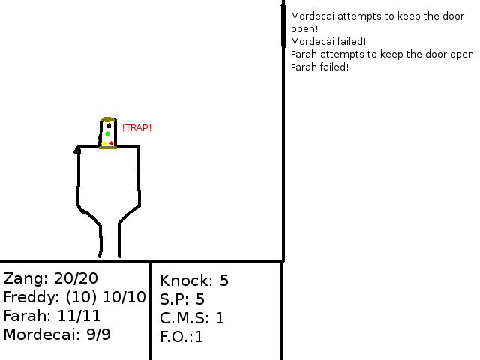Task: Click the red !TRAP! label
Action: tap(136, 128)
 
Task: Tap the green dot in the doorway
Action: tap(107, 134)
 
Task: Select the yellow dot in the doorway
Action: tap(104, 143)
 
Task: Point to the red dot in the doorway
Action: tap(111, 143)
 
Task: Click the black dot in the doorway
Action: tap(109, 126)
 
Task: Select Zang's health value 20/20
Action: tap(76, 278)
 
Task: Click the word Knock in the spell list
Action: tap(184, 281)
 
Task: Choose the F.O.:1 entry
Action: tap(181, 337)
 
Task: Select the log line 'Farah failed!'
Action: tap(319, 67)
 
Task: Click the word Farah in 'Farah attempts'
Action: tap(302, 54)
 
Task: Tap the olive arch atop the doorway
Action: tap(107, 119)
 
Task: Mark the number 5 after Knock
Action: tap(223, 281)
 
